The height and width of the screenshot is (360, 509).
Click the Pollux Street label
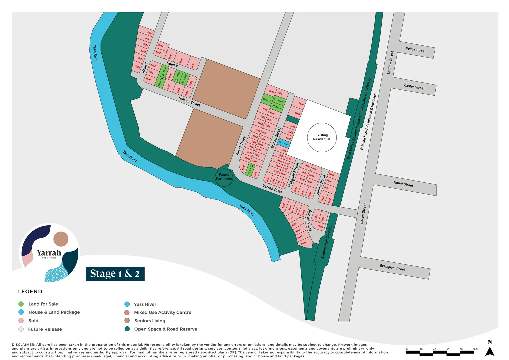(x=416, y=50)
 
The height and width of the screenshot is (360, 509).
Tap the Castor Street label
(x=414, y=87)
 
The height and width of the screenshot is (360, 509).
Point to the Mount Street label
(x=403, y=184)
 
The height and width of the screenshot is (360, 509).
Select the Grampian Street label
(x=392, y=267)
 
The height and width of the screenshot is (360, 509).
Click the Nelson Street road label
(x=189, y=102)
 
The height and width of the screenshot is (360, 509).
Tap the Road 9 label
(x=172, y=64)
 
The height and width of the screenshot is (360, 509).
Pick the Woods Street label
(x=276, y=138)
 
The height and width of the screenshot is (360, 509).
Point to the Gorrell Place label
(x=309, y=221)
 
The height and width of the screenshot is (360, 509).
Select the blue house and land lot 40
(x=284, y=144)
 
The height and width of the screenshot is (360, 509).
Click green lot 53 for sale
(x=250, y=169)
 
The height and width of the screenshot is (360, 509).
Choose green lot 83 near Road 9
(x=163, y=72)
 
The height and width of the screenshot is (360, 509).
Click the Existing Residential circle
(x=322, y=137)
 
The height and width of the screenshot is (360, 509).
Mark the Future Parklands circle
(x=224, y=177)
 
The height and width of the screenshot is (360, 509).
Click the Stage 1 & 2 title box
(x=115, y=274)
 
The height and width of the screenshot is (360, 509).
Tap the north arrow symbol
(x=489, y=351)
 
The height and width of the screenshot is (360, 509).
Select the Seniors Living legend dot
(x=127, y=321)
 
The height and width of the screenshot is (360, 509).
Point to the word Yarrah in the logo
(x=49, y=253)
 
